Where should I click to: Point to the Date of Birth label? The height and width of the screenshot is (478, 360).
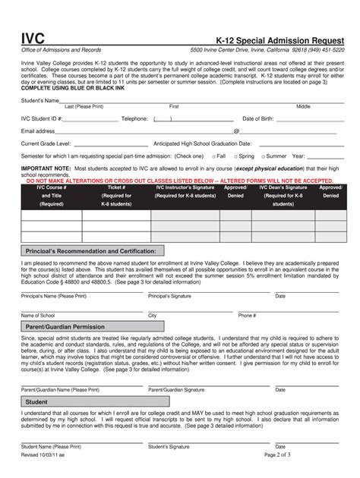point(260,119)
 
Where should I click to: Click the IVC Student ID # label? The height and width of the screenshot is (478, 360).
point(41,119)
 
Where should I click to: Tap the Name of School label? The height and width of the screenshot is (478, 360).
point(38,315)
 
